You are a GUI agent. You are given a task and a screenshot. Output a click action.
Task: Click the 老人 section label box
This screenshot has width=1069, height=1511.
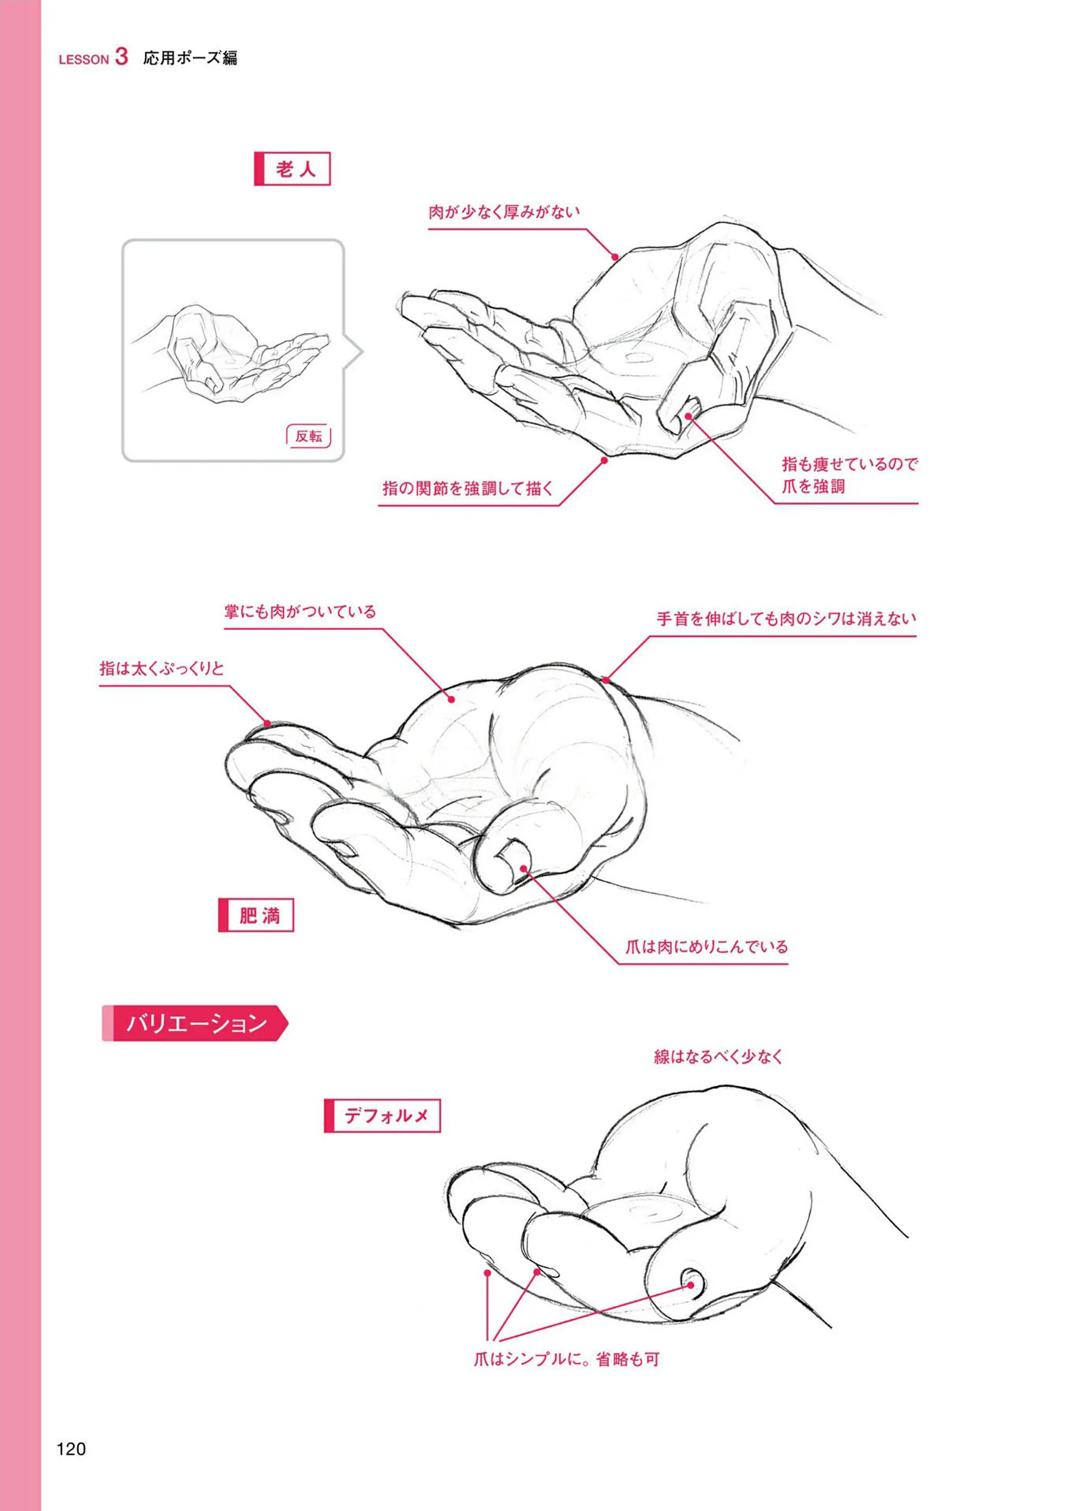[x=292, y=169]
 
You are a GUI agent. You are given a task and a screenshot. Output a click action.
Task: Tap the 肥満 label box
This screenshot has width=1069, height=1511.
[x=256, y=915]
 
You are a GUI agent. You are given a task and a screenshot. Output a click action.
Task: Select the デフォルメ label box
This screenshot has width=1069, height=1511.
[x=382, y=1115]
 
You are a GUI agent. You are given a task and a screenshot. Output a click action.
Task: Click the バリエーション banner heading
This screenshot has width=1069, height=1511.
[x=196, y=1023]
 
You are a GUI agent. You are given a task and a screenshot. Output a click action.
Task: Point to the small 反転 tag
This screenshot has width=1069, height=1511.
[x=309, y=436]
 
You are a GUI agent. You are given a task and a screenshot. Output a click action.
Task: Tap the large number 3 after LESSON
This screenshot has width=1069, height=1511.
[x=121, y=56]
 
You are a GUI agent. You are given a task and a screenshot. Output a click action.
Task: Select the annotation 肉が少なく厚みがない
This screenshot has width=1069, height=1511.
[x=504, y=212]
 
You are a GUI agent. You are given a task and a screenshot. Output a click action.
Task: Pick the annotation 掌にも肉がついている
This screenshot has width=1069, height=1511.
[x=300, y=611]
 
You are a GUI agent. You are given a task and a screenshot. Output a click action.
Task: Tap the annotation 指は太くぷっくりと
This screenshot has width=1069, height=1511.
[x=162, y=668]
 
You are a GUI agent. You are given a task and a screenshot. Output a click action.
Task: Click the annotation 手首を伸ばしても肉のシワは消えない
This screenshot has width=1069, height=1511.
[x=787, y=619]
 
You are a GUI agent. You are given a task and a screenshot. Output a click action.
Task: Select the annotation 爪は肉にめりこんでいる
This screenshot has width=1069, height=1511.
[x=706, y=947]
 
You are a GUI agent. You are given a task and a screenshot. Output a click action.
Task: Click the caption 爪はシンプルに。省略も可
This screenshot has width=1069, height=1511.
[x=566, y=1358]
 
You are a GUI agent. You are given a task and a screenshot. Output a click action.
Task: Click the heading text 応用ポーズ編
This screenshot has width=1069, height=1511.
[x=190, y=58]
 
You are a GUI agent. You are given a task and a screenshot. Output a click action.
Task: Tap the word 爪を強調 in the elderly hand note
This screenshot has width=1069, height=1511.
[x=813, y=487]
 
